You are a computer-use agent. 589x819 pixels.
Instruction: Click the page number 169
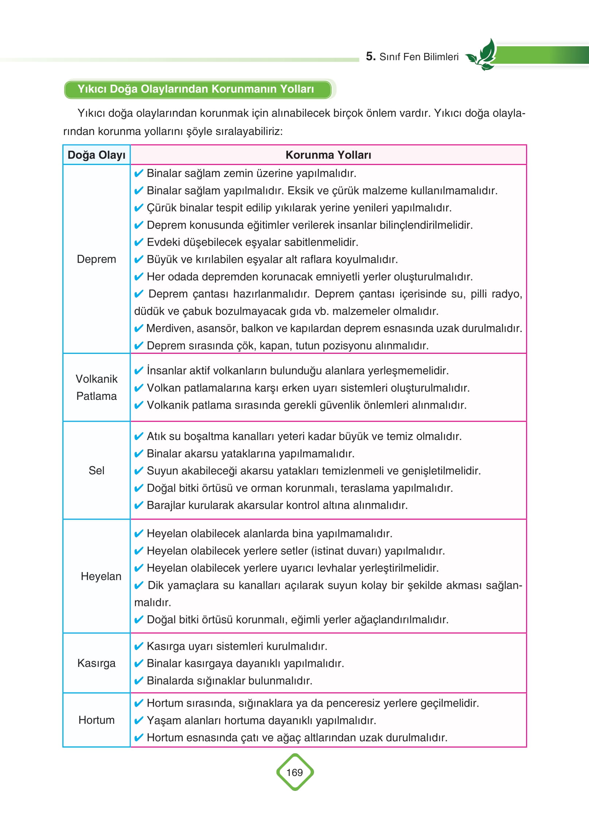click(x=294, y=772)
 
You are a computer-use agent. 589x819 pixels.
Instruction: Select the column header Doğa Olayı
click(x=96, y=155)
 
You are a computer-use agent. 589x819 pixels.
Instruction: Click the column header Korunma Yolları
click(x=328, y=155)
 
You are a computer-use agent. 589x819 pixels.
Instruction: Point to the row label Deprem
click(x=96, y=259)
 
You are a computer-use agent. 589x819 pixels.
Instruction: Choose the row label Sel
click(x=96, y=471)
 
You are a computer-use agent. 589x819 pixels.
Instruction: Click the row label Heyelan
click(x=101, y=576)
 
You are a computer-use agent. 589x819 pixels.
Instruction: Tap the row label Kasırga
click(x=96, y=663)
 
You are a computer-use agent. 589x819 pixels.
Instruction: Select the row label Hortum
click(x=96, y=720)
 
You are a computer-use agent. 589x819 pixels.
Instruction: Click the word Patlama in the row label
click(x=96, y=396)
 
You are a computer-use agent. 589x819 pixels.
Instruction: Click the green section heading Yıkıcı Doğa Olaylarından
click(x=196, y=89)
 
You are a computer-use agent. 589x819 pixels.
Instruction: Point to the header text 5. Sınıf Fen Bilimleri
click(x=412, y=57)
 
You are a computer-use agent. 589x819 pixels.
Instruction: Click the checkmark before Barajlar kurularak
click(x=139, y=505)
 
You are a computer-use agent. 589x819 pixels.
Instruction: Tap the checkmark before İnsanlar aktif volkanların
click(x=139, y=371)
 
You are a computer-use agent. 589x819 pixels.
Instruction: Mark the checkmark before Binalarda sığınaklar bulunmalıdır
click(x=139, y=681)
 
